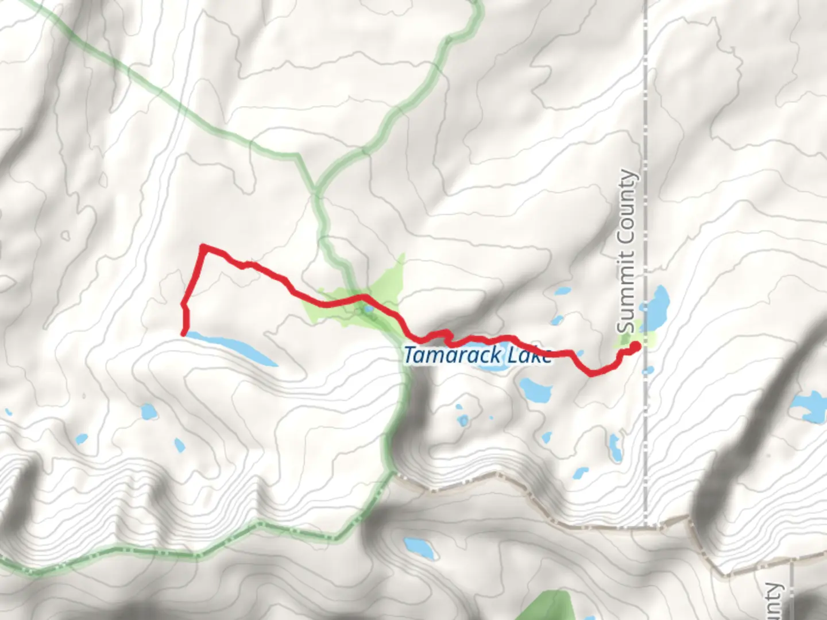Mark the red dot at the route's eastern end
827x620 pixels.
[x=635, y=346]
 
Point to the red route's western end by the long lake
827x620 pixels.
[x=184, y=332]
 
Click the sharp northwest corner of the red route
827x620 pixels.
[x=203, y=247]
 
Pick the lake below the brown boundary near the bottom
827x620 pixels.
[x=419, y=548]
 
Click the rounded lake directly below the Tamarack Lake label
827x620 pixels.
[x=535, y=390]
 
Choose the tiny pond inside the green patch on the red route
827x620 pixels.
[x=368, y=310]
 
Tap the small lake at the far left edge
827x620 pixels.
[x=8, y=412]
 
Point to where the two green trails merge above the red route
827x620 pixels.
[x=316, y=189]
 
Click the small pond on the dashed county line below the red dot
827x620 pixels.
[x=648, y=371]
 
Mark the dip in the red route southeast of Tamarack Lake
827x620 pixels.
[x=590, y=374]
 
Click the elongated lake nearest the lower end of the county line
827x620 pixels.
[x=615, y=447]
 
